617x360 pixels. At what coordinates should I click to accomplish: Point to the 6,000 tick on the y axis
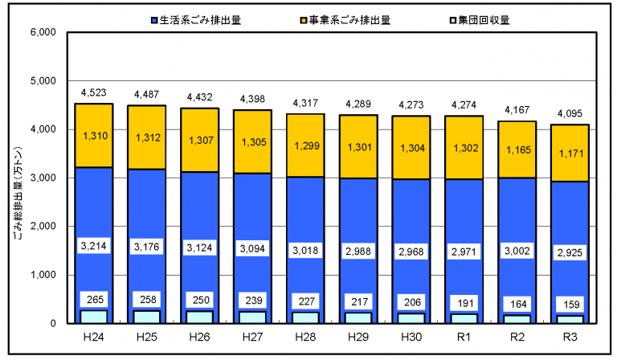coord(40,33)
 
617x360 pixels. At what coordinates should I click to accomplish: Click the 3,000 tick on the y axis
coord(40,178)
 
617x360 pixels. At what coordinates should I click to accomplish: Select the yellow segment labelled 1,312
coord(148,137)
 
